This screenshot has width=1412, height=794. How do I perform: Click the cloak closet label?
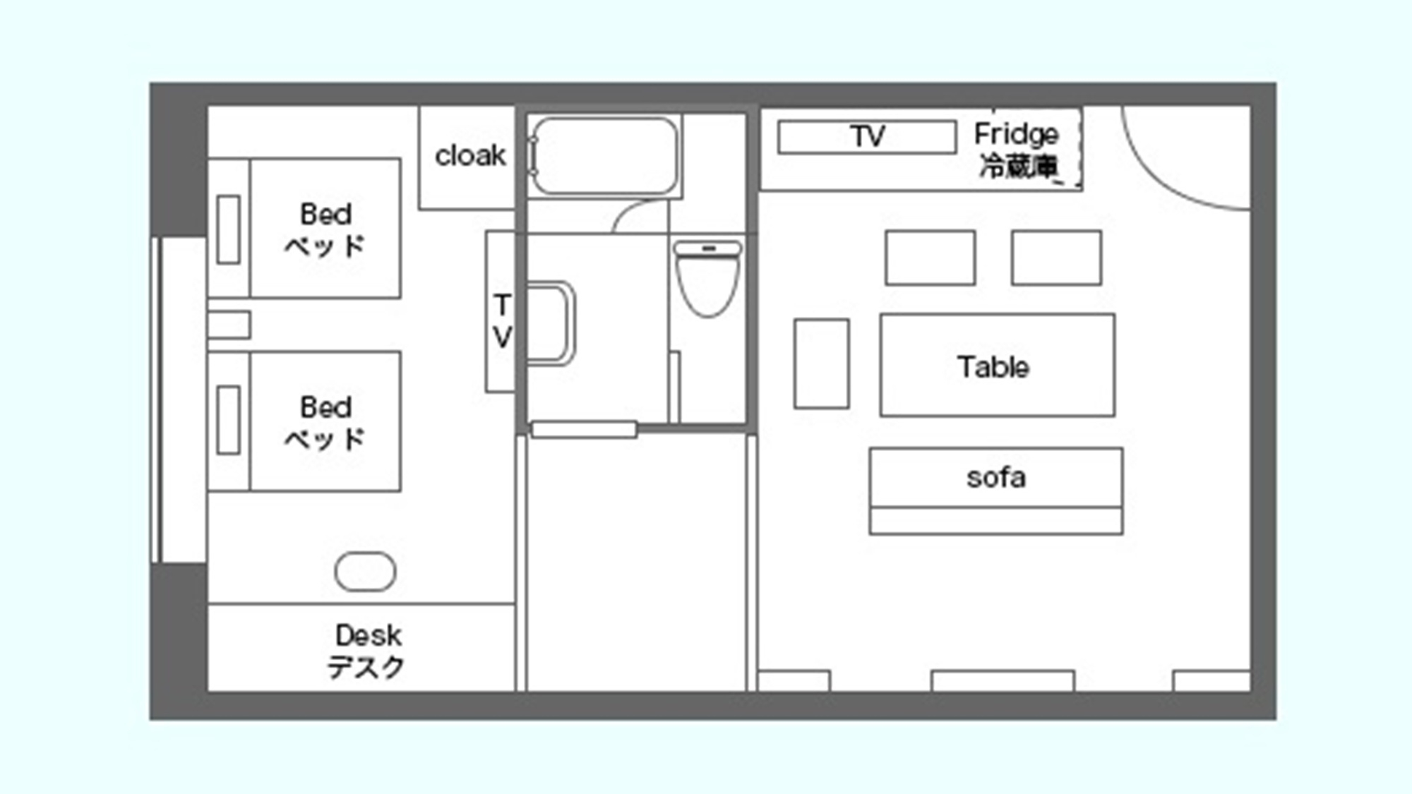(470, 155)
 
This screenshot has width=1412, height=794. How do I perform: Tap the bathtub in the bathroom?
(604, 156)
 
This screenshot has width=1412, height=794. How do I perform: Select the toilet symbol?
(708, 278)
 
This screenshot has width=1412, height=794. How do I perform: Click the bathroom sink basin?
(551, 323)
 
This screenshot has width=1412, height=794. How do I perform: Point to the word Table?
(993, 367)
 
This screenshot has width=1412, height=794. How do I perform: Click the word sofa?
(996, 478)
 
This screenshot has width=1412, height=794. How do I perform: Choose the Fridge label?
(1017, 133)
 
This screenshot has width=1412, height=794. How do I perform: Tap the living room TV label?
(868, 136)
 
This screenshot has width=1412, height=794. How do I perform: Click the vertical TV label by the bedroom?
(502, 321)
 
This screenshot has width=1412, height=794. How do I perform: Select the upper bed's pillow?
(228, 229)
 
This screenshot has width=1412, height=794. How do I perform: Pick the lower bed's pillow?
(228, 420)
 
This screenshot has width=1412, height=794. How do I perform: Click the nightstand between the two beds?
(229, 325)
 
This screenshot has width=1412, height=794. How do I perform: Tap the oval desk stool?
(365, 571)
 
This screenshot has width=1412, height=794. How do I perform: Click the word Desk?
(369, 635)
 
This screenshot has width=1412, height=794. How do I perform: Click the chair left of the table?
(821, 363)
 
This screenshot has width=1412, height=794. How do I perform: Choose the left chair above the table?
(931, 258)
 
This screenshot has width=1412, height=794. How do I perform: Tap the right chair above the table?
(1056, 258)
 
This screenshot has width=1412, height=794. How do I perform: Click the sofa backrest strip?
(996, 521)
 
